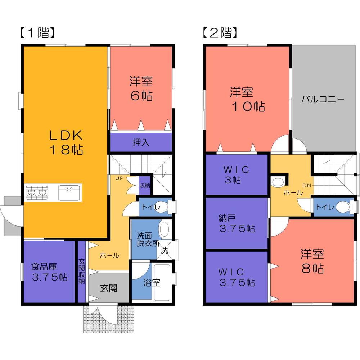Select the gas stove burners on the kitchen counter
[36, 192]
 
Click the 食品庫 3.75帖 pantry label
[49, 272]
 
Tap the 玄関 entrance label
[109, 288]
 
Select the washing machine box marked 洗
[164, 251]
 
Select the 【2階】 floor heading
[219, 33]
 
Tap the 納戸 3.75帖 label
[237, 223]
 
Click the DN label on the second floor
[306, 186]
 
